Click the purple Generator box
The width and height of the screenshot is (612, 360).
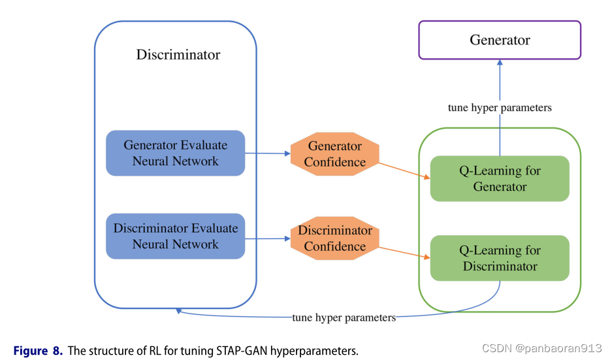tap(500, 41)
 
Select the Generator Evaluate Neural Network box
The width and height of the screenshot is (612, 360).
tap(176, 153)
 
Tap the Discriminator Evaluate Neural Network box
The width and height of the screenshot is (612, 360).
tap(176, 236)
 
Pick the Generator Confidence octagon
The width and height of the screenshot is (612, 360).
tap(335, 154)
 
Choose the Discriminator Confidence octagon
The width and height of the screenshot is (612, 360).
tap(335, 238)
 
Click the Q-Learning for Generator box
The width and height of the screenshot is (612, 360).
tap(500, 178)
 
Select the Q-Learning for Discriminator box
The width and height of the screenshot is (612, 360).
tap(500, 258)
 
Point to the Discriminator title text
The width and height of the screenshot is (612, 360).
tap(178, 55)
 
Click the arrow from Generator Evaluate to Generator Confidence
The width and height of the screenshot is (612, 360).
tap(268, 154)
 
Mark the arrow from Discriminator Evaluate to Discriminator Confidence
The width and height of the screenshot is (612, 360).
tap(268, 238)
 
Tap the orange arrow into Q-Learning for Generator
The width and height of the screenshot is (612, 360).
tap(405, 171)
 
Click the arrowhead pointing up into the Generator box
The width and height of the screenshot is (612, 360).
tap(500, 63)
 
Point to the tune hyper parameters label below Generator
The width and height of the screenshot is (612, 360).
tap(500, 108)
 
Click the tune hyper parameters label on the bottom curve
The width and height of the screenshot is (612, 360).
tap(344, 318)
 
